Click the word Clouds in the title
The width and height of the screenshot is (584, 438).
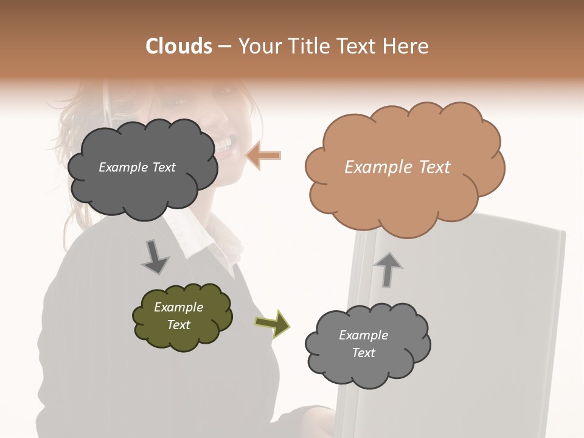[179, 46]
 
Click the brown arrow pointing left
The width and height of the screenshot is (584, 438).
[263, 156]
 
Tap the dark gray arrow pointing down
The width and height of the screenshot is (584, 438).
[155, 257]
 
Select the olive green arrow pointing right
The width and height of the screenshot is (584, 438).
[273, 323]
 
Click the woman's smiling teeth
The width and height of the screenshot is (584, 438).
[224, 144]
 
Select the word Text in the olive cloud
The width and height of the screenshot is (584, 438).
[179, 325]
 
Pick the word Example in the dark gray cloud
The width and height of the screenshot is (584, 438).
[122, 167]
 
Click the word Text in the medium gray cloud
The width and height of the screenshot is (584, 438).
[363, 353]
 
